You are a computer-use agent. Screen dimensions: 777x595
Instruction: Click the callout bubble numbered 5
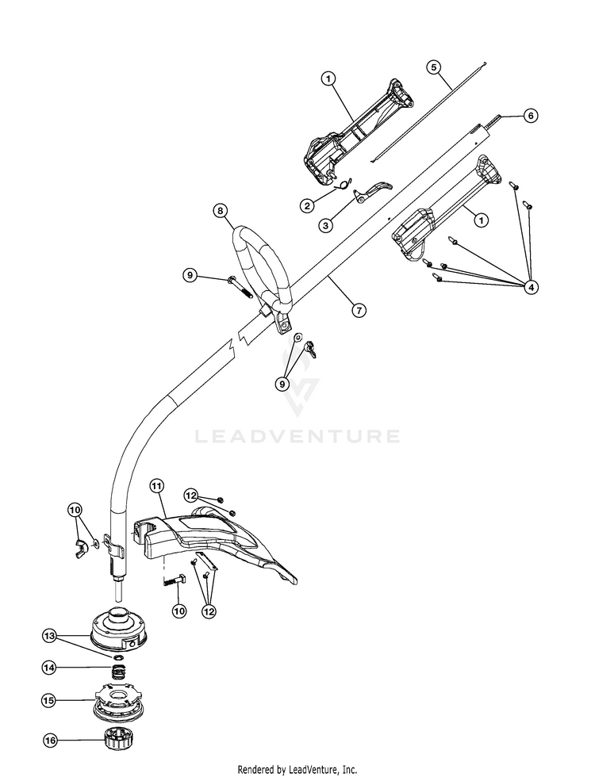click(x=432, y=67)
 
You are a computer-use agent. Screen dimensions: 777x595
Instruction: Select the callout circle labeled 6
click(x=531, y=116)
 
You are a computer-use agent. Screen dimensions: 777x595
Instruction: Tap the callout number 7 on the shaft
click(x=359, y=310)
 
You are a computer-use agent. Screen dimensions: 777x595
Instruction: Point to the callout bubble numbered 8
click(x=221, y=211)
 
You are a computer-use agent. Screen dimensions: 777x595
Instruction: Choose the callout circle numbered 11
click(x=155, y=484)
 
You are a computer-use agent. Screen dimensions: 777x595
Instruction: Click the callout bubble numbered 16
click(x=51, y=741)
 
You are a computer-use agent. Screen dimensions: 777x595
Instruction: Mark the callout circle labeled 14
click(x=51, y=668)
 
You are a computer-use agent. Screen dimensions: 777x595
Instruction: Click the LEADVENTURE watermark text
click(x=297, y=435)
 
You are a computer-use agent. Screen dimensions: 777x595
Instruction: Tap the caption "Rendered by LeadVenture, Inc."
click(x=297, y=769)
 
